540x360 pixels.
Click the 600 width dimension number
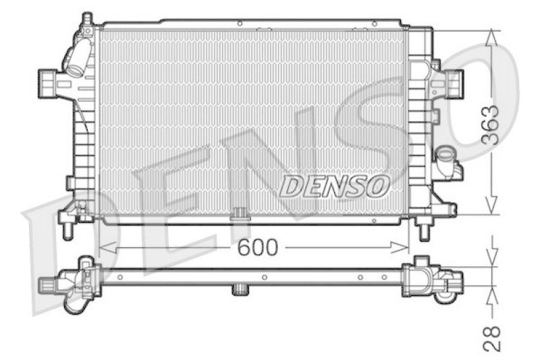coord(257,248)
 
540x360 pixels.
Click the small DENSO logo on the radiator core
coord(334,185)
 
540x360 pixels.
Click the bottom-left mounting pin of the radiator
coord(67,230)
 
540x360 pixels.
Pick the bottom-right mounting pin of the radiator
coord(424,232)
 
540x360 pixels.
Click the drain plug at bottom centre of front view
coord(240,215)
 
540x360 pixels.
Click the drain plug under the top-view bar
coord(240,290)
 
